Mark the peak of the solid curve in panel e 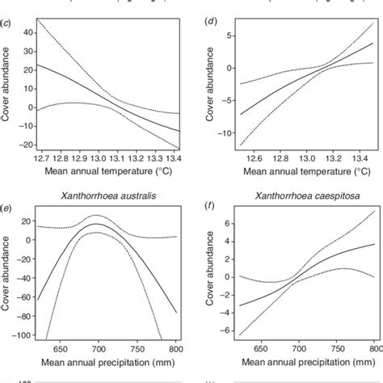pos(96,225)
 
